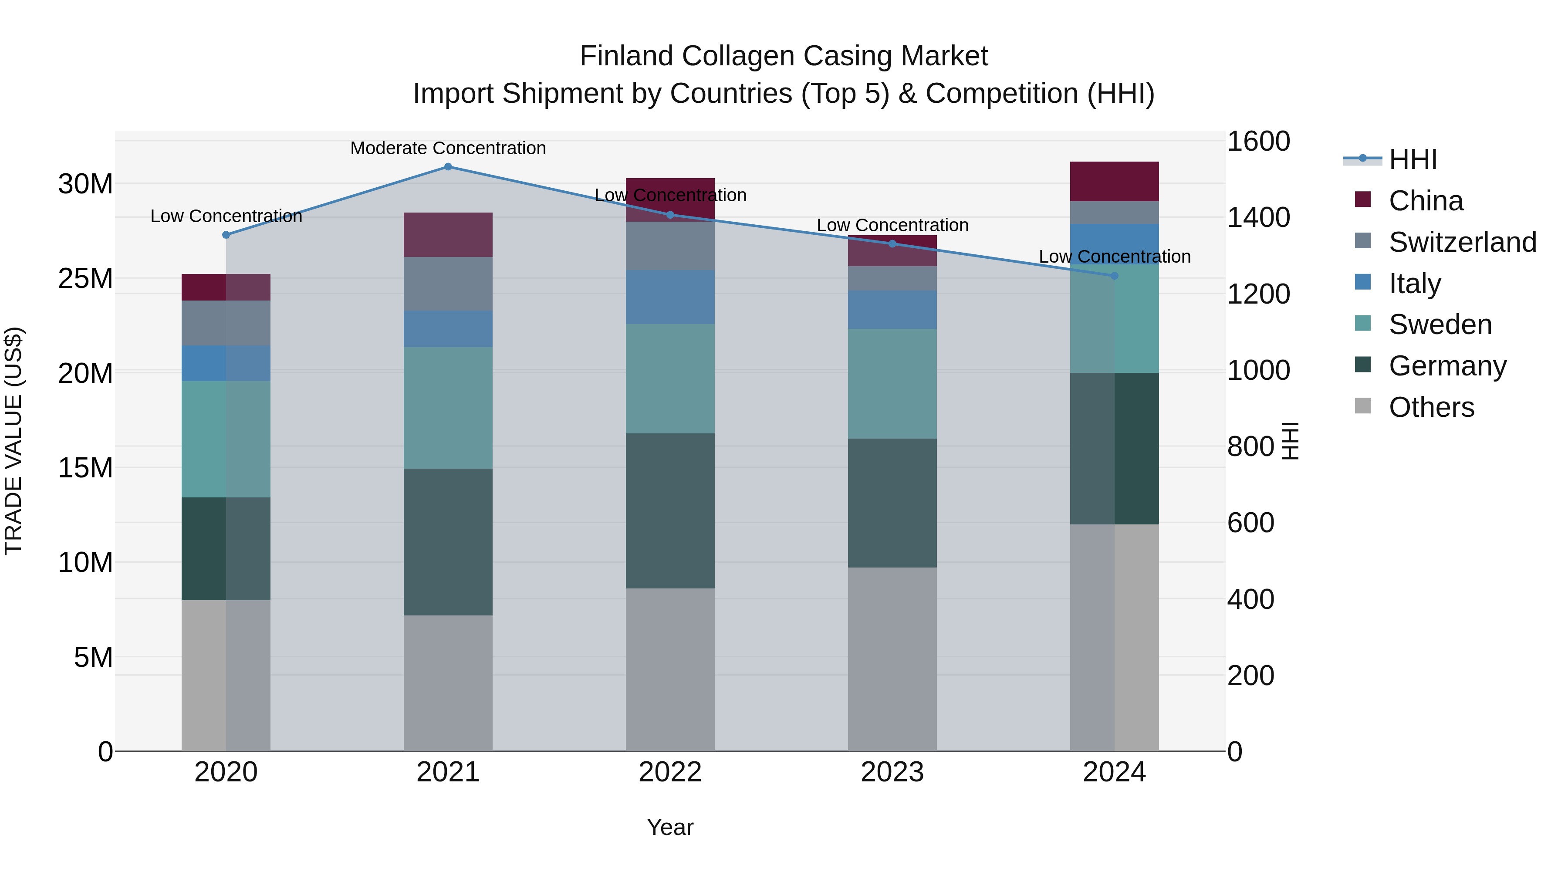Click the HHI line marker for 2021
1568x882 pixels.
click(448, 167)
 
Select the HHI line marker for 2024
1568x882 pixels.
click(1115, 276)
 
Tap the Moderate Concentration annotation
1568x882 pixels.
click(448, 148)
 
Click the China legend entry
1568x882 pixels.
click(1426, 201)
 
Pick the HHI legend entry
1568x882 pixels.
click(1412, 159)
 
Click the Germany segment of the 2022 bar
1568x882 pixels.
click(670, 511)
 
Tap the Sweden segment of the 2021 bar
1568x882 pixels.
click(448, 408)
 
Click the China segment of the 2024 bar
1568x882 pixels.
click(1115, 181)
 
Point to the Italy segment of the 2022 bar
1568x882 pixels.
click(670, 297)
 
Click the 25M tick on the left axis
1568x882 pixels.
click(85, 279)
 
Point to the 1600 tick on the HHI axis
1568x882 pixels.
click(1257, 141)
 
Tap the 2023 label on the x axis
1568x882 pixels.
click(892, 772)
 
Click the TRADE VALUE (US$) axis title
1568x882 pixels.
click(14, 441)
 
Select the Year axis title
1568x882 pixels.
click(670, 827)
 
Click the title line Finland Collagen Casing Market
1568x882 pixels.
click(784, 56)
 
